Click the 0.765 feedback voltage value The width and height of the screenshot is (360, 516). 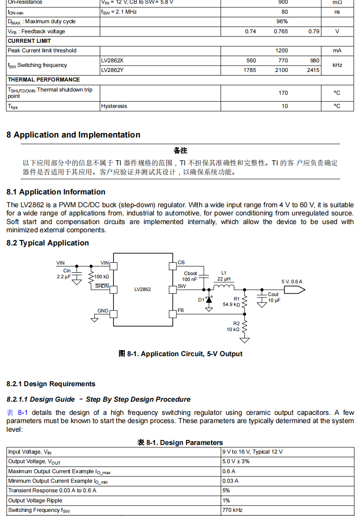(x=281, y=31)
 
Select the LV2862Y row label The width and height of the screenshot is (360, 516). (x=112, y=70)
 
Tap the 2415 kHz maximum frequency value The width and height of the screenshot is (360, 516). (x=313, y=70)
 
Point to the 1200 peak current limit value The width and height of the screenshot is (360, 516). (x=282, y=51)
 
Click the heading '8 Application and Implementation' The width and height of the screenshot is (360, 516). (x=73, y=135)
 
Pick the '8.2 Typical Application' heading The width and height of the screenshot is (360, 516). (x=47, y=243)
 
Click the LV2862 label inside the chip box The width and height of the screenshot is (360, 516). (x=143, y=289)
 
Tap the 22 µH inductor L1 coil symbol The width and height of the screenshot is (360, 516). (x=223, y=287)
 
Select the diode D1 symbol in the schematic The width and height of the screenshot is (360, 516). (x=209, y=300)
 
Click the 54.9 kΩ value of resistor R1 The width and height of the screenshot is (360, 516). (x=231, y=304)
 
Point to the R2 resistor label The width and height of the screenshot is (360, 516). (x=236, y=323)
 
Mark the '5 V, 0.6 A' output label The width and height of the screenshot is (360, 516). (x=292, y=281)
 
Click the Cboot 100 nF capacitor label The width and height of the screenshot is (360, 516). (x=190, y=276)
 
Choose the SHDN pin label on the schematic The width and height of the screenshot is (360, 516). (x=102, y=286)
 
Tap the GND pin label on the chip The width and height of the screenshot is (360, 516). (x=103, y=311)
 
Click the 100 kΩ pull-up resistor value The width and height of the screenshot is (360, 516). (x=102, y=276)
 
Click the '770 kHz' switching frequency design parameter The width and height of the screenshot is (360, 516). (x=232, y=510)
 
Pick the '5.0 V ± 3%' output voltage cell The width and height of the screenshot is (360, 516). (x=236, y=461)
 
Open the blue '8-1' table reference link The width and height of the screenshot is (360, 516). (x=23, y=413)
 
